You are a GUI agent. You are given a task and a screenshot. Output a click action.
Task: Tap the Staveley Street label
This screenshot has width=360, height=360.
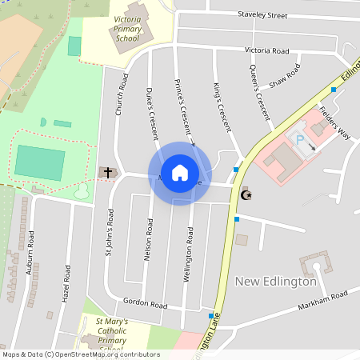tap(262, 15)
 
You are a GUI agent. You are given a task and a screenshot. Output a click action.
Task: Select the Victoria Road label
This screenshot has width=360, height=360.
tap(266, 50)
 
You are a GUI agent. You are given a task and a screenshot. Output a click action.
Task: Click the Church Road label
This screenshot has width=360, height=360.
tap(122, 95)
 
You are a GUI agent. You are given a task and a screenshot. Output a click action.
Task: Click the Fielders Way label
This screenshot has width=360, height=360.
tap(334, 122)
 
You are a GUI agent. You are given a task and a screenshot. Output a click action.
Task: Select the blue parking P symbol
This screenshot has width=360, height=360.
tap(301, 140)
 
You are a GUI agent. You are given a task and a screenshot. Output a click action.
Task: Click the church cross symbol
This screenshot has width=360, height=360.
tap(106, 172)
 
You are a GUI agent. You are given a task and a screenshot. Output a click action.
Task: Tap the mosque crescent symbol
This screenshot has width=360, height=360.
tap(246, 194)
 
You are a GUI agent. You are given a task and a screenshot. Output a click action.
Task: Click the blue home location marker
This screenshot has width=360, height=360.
tap(179, 173)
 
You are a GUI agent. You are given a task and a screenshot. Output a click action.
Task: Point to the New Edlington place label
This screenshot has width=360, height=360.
tap(276, 282)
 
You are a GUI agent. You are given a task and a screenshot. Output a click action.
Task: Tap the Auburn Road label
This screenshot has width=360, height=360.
tap(30, 253)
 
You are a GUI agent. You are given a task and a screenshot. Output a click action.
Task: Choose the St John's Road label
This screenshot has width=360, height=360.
tap(110, 233)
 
